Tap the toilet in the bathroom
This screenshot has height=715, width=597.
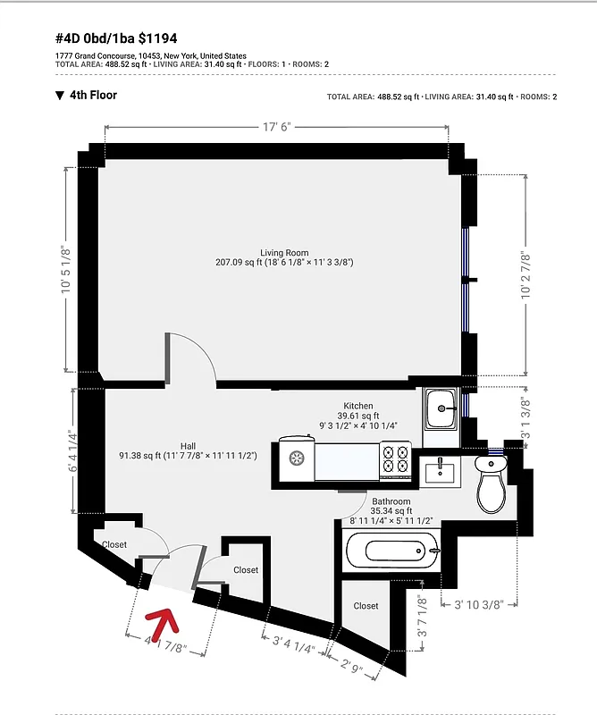tap(491, 483)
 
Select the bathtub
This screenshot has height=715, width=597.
tap(392, 551)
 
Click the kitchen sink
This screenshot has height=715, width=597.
tap(441, 410)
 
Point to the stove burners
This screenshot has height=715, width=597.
tap(394, 458)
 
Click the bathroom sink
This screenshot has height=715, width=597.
tap(440, 470)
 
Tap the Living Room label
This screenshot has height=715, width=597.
tap(284, 252)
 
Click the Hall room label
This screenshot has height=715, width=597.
tap(188, 446)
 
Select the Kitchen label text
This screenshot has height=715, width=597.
tap(358, 406)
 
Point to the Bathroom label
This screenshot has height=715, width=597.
tap(391, 502)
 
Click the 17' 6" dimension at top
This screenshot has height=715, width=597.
tap(278, 128)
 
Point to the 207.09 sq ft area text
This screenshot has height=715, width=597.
tap(284, 263)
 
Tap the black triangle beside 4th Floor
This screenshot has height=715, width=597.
tap(60, 96)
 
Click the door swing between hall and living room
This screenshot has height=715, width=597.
tap(192, 357)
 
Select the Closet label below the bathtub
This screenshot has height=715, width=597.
tap(366, 606)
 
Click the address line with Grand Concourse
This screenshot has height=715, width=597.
tap(151, 55)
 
